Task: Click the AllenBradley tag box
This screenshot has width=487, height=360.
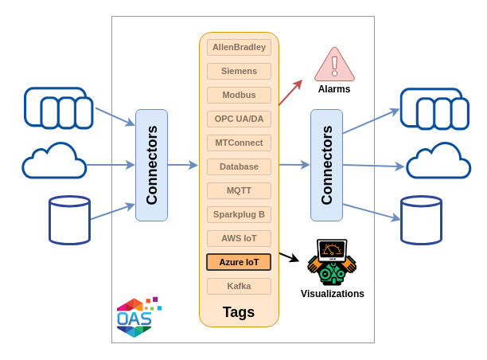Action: pos(239,47)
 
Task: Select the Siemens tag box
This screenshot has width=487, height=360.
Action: pos(239,71)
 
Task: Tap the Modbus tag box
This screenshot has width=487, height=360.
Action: pos(239,95)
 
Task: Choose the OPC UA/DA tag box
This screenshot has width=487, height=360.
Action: pos(239,119)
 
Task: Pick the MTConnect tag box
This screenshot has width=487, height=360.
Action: pos(239,143)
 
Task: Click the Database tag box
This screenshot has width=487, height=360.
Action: pos(239,166)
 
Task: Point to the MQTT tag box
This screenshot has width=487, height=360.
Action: pos(239,190)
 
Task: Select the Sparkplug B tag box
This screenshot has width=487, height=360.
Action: pos(239,214)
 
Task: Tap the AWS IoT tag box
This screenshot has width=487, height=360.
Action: pos(239,238)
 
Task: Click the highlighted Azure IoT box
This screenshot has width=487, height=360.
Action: pos(239,262)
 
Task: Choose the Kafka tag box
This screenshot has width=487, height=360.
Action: pos(239,286)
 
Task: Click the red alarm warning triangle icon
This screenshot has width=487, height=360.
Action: pos(334,65)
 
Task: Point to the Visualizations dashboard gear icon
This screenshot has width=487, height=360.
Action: pos(332,262)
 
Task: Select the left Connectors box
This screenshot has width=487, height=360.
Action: pos(151,165)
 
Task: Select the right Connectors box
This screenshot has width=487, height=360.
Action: pos(326,165)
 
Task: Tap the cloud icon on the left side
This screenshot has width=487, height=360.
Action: pos(54,162)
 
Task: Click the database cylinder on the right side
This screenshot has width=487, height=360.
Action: pos(421,220)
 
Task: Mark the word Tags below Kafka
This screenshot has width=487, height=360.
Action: pos(239,312)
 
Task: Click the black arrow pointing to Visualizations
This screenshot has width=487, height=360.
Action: pos(289,256)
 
